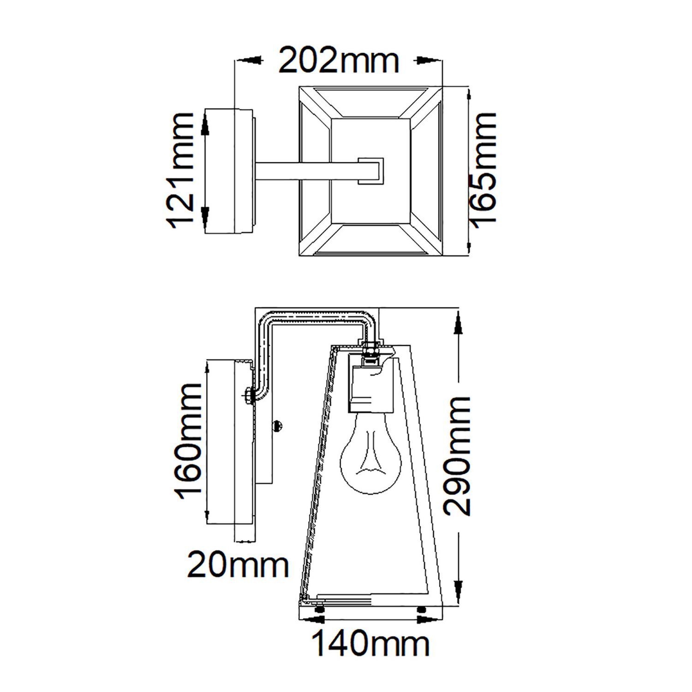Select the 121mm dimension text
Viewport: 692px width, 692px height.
click(x=181, y=170)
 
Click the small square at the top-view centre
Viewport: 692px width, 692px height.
click(x=370, y=170)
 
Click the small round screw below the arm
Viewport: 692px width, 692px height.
click(x=278, y=425)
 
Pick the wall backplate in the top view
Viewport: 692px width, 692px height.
click(x=228, y=170)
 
